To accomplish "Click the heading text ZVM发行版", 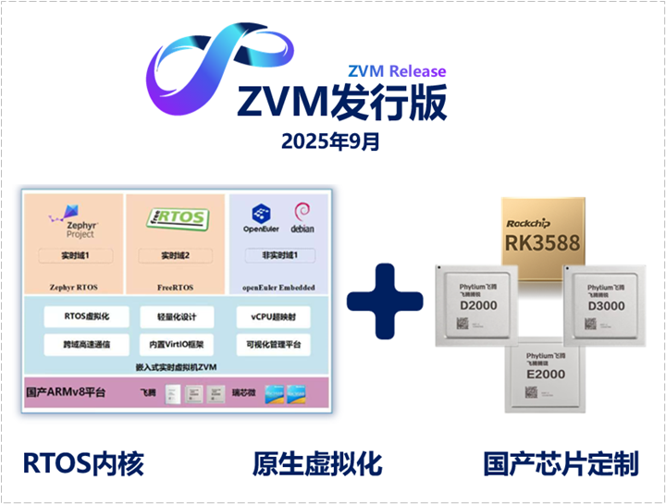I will coord(342,102).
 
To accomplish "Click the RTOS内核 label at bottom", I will coord(83,462).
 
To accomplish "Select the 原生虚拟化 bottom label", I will coord(316,462).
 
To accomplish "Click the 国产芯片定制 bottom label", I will coord(561,462).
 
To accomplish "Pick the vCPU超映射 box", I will coord(272,317).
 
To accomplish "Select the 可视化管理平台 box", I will coord(272,344).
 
